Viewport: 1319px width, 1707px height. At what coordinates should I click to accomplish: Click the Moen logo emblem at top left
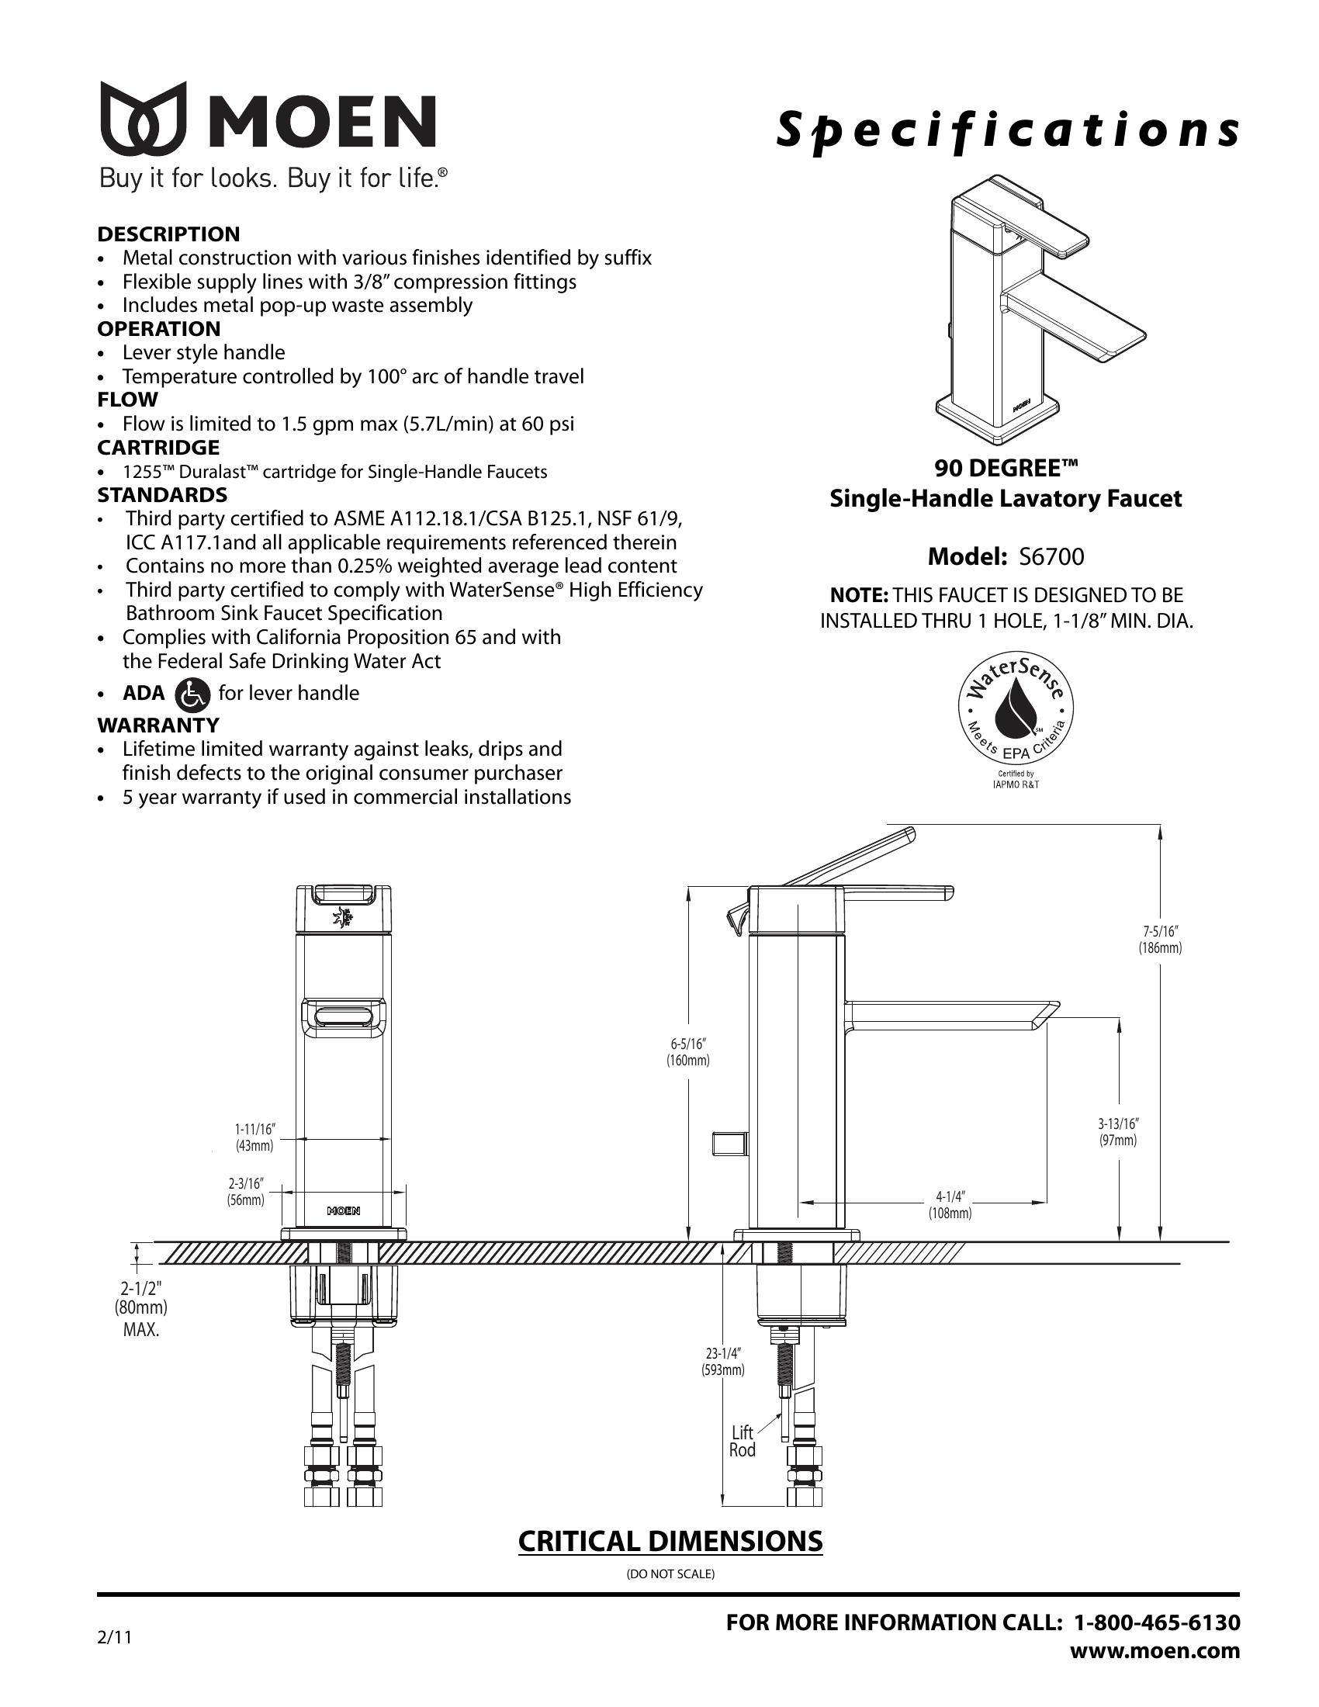pyautogui.click(x=143, y=117)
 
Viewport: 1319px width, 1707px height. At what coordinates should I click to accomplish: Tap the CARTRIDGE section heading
pyautogui.click(x=158, y=448)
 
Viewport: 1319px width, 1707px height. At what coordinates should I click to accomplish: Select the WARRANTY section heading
pyautogui.click(x=158, y=725)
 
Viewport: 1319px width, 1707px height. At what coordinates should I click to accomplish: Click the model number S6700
pyautogui.click(x=1051, y=556)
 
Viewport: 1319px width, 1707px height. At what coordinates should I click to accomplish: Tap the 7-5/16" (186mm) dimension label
pyautogui.click(x=1161, y=940)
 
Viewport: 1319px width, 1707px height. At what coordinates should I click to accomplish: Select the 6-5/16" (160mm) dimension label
pyautogui.click(x=687, y=1052)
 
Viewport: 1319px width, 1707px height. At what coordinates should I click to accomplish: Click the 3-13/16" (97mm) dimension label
pyautogui.click(x=1118, y=1132)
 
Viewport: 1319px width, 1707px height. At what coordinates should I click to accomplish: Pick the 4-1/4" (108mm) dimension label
pyautogui.click(x=950, y=1205)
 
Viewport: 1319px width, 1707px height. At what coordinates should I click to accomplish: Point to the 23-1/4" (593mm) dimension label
pyautogui.click(x=723, y=1361)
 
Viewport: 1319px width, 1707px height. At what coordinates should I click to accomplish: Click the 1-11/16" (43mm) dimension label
pyautogui.click(x=254, y=1137)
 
